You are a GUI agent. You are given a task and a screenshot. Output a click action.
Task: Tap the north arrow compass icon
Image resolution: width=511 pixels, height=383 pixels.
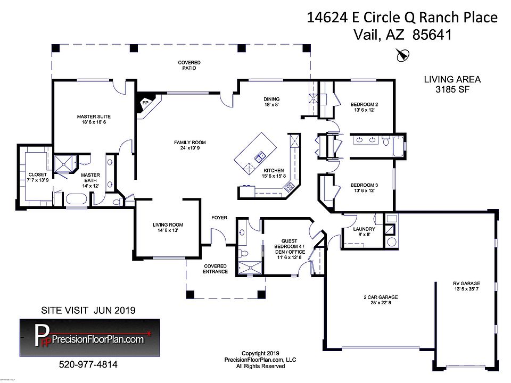(403, 55)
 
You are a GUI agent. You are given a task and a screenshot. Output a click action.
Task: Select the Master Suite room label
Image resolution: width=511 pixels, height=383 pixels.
(94, 116)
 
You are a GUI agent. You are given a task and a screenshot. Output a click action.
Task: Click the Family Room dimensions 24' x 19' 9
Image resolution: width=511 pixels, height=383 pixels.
(189, 148)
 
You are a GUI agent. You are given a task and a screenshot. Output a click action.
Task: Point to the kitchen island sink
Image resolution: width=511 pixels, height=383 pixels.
(260, 157)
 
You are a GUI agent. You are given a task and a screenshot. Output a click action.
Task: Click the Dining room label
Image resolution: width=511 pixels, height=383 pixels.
(271, 99)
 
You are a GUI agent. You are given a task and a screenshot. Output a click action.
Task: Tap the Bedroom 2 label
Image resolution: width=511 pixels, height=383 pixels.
(364, 105)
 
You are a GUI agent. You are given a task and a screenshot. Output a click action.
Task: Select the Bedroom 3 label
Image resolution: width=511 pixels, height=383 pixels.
(364, 185)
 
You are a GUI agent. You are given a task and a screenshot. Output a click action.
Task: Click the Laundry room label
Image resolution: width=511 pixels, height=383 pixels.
(364, 229)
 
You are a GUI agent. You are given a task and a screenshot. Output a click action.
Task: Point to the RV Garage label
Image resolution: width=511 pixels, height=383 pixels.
(466, 284)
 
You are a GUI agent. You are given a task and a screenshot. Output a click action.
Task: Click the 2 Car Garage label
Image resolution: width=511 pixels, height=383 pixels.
(381, 297)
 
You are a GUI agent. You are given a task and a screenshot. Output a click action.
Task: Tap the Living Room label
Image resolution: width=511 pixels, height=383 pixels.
(168, 224)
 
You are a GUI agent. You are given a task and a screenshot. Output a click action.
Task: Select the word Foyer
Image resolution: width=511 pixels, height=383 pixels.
(219, 218)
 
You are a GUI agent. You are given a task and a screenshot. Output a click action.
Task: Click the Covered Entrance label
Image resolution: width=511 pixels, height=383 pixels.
(216, 269)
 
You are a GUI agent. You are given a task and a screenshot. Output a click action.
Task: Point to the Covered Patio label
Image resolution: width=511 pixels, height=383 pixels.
(189, 65)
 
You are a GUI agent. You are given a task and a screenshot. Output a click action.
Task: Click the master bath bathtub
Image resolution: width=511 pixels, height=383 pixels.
(76, 199)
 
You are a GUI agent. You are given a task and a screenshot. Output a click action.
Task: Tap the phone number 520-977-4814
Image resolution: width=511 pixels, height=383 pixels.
(88, 364)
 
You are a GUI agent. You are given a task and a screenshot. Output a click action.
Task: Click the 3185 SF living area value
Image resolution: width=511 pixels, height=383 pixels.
(452, 89)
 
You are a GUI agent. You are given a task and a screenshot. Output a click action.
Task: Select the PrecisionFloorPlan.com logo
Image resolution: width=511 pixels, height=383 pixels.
(90, 337)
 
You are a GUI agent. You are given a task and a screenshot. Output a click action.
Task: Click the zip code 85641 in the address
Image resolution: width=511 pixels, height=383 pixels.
(432, 35)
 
